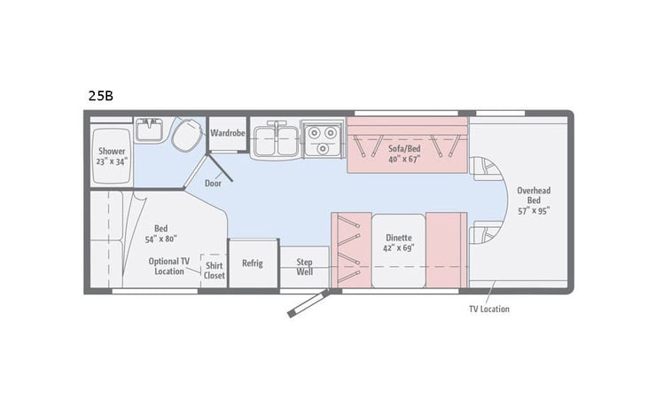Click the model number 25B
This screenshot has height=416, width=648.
tap(99, 95)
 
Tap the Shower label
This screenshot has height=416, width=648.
tap(112, 151)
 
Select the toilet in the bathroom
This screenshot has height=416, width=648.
tap(186, 136)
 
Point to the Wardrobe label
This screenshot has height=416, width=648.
tap(227, 133)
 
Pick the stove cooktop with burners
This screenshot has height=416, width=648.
tap(320, 139)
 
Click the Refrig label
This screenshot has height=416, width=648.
tap(253, 263)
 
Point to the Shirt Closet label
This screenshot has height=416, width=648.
tap(215, 270)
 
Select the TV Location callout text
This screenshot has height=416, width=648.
tap(489, 310)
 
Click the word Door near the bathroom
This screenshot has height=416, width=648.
tap(213, 184)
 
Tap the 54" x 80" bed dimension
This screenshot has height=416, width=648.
tap(160, 239)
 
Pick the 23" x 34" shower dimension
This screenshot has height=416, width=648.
tap(112, 162)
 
